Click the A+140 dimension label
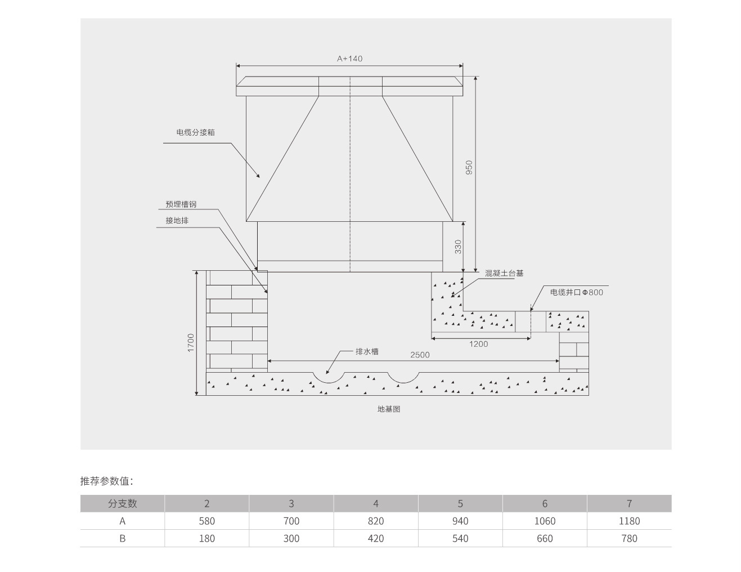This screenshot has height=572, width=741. [x=349, y=59]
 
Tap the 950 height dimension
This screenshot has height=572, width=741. [x=469, y=167]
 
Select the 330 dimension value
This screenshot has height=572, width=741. [x=458, y=247]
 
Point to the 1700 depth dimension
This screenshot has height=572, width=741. [x=191, y=343]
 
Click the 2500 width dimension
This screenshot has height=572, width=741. [x=420, y=355]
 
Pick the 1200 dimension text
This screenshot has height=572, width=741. [x=478, y=344]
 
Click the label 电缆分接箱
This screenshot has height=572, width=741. [x=195, y=132]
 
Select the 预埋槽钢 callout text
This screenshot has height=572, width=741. [x=181, y=204]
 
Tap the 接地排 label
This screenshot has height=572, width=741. [x=177, y=220]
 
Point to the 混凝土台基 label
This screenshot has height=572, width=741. [x=504, y=273]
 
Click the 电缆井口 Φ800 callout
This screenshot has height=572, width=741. [x=577, y=292]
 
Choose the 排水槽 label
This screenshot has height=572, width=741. [x=367, y=351]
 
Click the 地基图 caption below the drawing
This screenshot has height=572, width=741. [x=389, y=409]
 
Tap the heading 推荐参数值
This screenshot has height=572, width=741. [x=106, y=481]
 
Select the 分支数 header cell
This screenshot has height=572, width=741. [x=123, y=503]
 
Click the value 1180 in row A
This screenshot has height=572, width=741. [x=629, y=521]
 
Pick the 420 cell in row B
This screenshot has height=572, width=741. [x=376, y=538]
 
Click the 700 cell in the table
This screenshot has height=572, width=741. [x=291, y=521]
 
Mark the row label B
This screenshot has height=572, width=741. [x=123, y=538]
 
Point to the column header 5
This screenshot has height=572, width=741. [x=460, y=503]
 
